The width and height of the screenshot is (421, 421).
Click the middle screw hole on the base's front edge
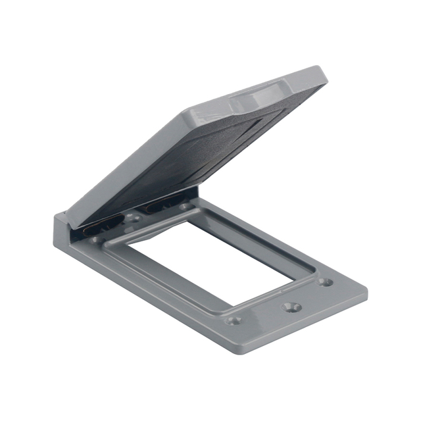(290, 307)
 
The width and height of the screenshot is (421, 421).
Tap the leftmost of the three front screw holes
(234, 320)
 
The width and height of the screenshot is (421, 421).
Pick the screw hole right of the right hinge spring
(186, 207)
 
